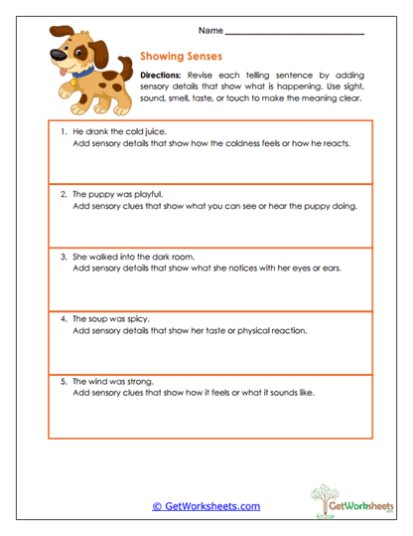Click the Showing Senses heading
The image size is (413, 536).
click(x=181, y=58)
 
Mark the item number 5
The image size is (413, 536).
click(x=62, y=381)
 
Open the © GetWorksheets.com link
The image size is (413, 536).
click(x=206, y=506)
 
